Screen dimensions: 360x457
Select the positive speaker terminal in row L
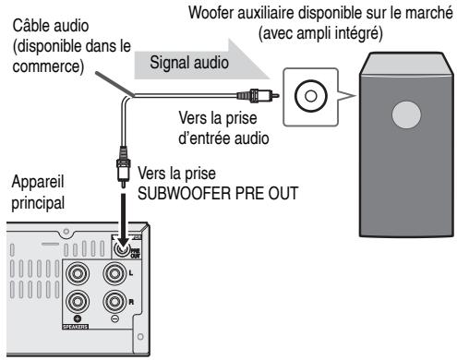[78, 274]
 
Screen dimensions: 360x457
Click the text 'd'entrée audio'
[223, 138]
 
